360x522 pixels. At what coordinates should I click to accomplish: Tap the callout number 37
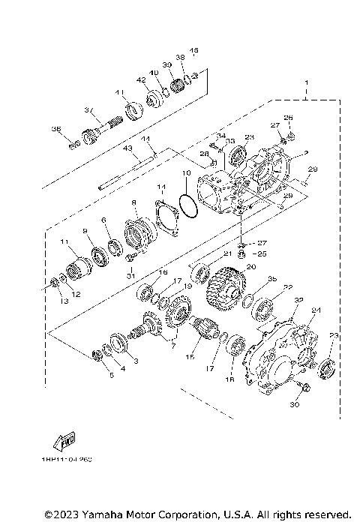88,110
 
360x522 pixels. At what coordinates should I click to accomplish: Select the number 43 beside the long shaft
128,149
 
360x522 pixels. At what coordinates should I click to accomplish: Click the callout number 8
133,203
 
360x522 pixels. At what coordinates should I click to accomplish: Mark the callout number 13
64,301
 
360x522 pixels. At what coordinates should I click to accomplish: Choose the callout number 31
130,276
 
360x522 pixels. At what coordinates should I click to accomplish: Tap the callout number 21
224,254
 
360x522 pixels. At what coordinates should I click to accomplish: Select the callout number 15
190,358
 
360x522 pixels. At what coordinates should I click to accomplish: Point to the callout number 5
111,374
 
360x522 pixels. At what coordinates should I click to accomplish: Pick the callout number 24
316,310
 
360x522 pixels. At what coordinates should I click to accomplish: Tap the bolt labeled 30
302,388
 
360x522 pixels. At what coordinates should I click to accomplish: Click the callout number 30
294,405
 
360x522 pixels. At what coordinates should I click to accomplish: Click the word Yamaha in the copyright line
98,514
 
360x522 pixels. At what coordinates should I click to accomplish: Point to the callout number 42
141,79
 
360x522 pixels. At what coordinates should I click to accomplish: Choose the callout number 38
179,57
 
